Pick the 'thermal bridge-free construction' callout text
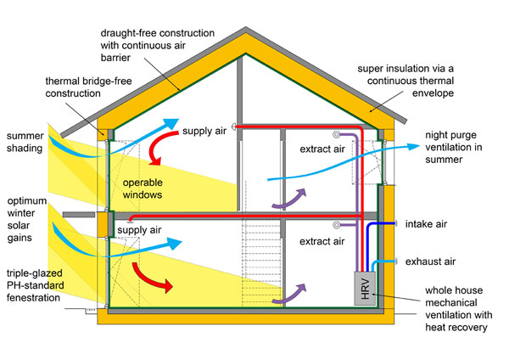point(87,87)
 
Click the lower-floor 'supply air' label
point(141,230)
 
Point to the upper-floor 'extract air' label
point(322,149)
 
